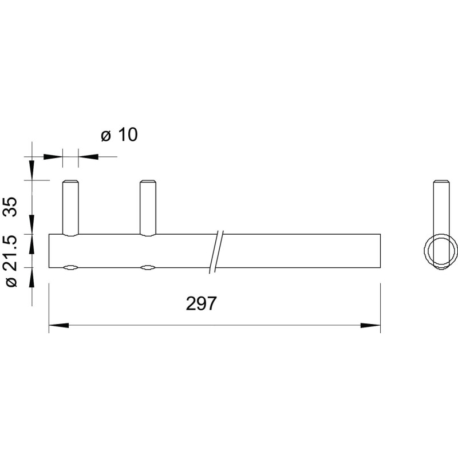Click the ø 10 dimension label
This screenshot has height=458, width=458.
119,135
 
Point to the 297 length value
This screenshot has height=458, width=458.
202,303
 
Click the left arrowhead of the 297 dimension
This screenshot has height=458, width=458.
59,325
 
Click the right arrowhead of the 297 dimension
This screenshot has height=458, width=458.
370,325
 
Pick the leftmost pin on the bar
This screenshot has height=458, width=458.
70,208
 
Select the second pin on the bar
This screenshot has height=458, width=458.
148,208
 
